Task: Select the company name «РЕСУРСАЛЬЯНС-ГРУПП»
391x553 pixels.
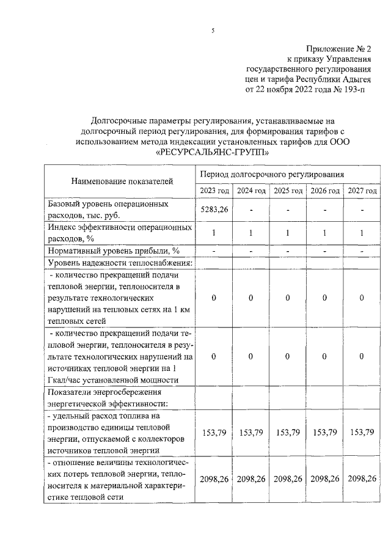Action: (x=212, y=152)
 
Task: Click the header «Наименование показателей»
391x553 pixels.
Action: (x=122, y=181)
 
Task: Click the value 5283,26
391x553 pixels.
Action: (x=214, y=210)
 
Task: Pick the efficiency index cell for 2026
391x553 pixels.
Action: (x=325, y=233)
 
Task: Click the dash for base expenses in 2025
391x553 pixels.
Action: (x=288, y=211)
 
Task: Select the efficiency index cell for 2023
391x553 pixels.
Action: (x=214, y=233)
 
